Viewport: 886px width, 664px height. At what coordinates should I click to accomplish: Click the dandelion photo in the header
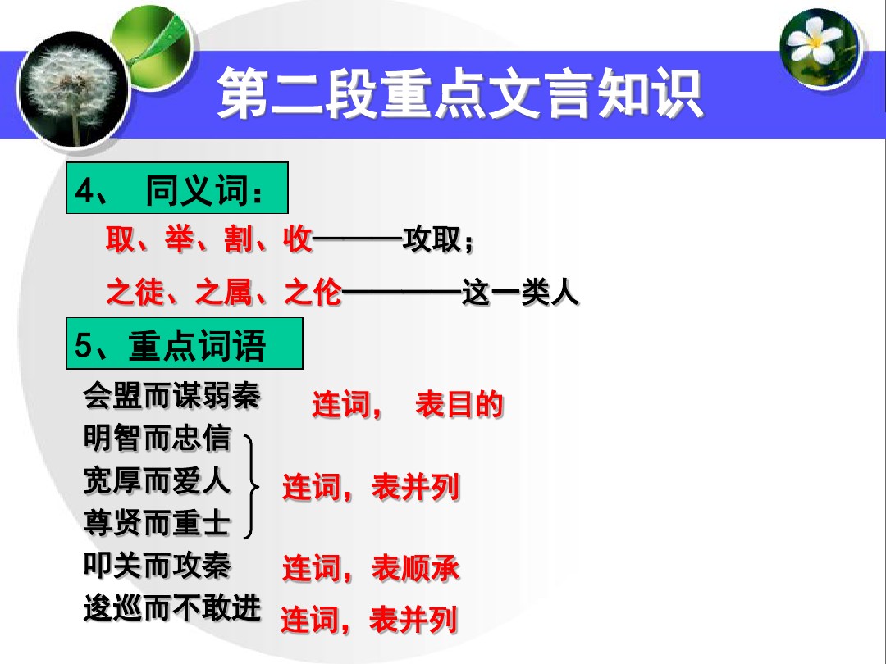[x=73, y=90]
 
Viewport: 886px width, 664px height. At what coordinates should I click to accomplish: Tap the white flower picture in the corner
[x=819, y=48]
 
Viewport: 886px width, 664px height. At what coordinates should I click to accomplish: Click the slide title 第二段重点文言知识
[x=459, y=93]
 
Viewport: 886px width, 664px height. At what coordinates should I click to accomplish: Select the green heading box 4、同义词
[x=177, y=188]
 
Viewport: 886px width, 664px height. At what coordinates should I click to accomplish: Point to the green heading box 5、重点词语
[x=185, y=343]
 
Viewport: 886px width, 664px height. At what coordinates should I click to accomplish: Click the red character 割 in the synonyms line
[x=239, y=239]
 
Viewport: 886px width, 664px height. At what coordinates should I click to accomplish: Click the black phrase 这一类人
[x=520, y=293]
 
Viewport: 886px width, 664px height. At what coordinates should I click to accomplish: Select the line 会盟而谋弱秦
[x=171, y=394]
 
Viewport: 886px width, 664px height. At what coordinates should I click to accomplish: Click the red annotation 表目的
[x=459, y=404]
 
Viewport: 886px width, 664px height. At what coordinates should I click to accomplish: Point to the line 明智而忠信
[x=157, y=438]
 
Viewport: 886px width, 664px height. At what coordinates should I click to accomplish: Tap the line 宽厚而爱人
[x=157, y=481]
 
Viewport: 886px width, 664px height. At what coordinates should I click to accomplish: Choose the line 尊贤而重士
[x=157, y=523]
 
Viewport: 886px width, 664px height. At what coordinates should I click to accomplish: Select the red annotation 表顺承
[x=415, y=567]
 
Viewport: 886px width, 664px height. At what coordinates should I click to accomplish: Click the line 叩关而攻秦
[x=157, y=565]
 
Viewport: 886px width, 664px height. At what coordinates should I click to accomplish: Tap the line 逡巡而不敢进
[x=171, y=608]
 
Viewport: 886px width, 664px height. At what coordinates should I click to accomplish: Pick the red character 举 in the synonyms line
[x=180, y=239]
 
